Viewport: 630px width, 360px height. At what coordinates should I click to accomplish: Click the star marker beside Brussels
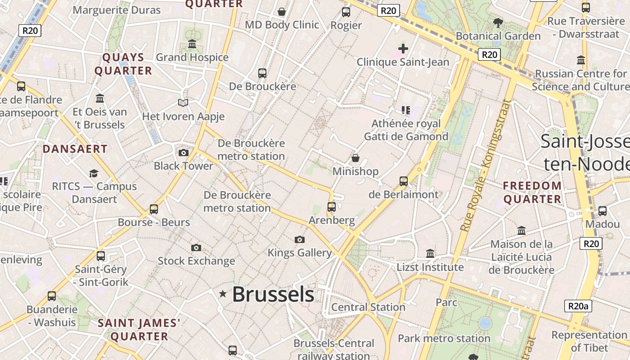point(223,294)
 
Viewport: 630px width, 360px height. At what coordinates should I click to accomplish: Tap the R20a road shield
point(578,306)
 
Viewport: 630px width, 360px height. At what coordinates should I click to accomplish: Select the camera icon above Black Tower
point(183,153)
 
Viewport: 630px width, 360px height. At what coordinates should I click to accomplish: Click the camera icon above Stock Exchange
point(196,247)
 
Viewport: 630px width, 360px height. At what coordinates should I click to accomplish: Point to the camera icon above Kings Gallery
point(299,239)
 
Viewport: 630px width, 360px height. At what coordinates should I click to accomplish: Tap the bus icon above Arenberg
point(332,207)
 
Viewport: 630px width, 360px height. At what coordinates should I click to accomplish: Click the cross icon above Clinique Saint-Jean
point(403,48)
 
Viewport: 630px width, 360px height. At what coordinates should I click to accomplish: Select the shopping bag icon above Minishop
point(355,158)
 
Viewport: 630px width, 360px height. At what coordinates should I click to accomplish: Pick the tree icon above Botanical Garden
point(498,22)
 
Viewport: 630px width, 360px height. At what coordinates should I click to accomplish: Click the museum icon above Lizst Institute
point(430,254)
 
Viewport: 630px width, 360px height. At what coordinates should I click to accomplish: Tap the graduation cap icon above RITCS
point(94,173)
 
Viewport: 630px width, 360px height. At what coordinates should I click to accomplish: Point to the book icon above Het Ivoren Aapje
point(183,103)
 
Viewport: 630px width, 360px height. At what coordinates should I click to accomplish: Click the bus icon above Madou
point(602,211)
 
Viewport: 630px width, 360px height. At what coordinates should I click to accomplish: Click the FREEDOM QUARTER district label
point(532,192)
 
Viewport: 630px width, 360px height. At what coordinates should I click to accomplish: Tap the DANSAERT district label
point(75,149)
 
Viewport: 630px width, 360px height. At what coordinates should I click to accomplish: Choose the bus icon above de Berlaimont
point(404,181)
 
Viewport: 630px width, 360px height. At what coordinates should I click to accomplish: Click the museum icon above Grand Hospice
point(192,44)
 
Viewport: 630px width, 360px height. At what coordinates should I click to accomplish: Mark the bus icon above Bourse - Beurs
point(154,209)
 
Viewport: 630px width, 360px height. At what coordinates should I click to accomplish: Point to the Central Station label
point(368,307)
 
